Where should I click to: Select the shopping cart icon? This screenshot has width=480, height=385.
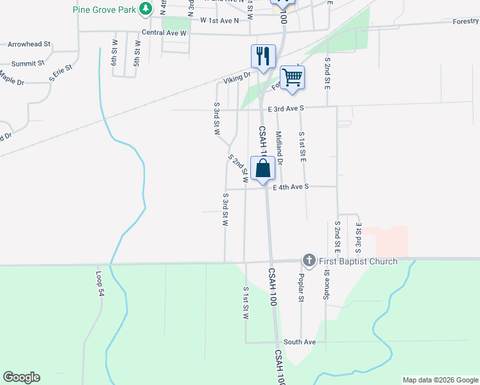click(292, 78)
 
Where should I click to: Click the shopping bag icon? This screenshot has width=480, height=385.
click(263, 169)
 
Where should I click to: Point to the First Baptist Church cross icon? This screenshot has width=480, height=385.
click(309, 261)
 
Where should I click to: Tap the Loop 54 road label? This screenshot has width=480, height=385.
click(101, 283)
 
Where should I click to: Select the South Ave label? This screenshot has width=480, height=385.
click(300, 342)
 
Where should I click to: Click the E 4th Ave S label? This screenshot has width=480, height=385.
click(291, 187)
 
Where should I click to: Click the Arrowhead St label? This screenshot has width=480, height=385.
click(29, 44)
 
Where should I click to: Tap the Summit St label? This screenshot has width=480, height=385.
click(28, 64)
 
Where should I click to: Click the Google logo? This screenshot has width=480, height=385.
click(21, 377)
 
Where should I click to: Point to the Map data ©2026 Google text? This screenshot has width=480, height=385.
click(440, 380)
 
